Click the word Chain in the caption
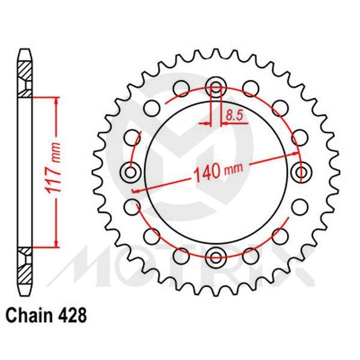(27, 314)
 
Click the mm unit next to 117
(55, 152)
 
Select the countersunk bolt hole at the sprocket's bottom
(216, 258)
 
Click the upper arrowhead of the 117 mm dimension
(56, 100)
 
